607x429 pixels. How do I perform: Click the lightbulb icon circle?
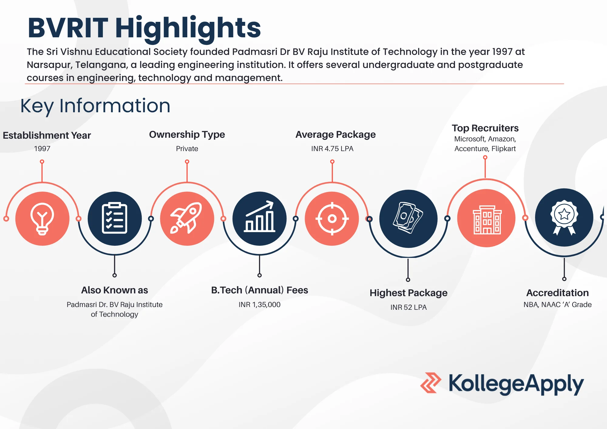[42, 218]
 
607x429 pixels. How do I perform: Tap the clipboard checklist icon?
[114, 218]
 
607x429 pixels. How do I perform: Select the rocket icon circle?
[187, 218]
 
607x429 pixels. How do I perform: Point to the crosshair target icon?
[332, 218]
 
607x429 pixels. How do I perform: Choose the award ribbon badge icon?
[564, 218]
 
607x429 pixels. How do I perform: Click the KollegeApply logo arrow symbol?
[431, 383]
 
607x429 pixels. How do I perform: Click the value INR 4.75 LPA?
[332, 149]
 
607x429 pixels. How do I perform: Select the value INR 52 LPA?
[409, 307]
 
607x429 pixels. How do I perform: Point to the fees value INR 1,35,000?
[259, 305]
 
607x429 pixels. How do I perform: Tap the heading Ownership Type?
[187, 135]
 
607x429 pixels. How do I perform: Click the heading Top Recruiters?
[485, 128]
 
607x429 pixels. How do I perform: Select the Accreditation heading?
[558, 293]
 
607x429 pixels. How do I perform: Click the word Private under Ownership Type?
[187, 149]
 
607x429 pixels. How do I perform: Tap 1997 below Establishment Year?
[42, 149]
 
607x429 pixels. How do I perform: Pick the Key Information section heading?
[95, 106]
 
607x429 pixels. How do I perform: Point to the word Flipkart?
[504, 149]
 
